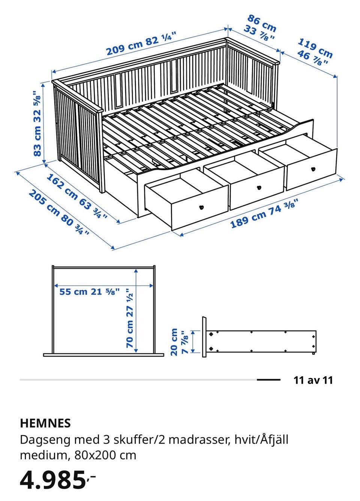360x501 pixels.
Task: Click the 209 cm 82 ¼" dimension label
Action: (141, 44)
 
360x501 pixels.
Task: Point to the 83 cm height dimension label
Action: (37, 123)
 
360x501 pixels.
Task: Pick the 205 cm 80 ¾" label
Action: (59, 212)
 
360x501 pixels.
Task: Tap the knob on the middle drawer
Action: (259, 187)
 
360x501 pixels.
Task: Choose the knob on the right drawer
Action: (313, 169)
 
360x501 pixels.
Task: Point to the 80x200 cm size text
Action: (105, 454)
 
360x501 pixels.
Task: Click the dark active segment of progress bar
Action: (268, 380)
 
